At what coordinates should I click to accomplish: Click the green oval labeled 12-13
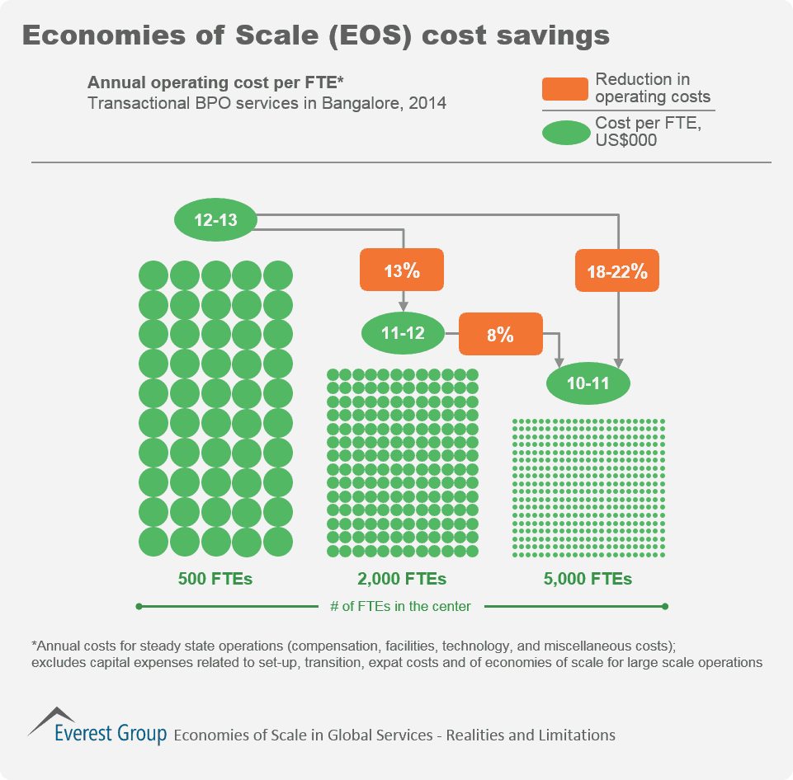[215, 220]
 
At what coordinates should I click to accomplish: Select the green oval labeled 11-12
[403, 333]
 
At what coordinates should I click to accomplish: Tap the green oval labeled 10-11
[589, 383]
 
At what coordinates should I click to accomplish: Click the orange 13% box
[402, 270]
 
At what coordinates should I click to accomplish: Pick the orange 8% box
[500, 334]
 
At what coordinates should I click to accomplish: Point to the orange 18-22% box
[617, 270]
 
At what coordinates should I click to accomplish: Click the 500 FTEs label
[215, 579]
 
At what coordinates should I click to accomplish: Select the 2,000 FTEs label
[402, 579]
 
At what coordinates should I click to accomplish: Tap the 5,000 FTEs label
[588, 579]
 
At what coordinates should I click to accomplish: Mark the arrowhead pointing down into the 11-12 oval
[402, 306]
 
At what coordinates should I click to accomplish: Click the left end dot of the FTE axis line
[139, 607]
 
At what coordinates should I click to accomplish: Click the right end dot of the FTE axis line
[664, 607]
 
